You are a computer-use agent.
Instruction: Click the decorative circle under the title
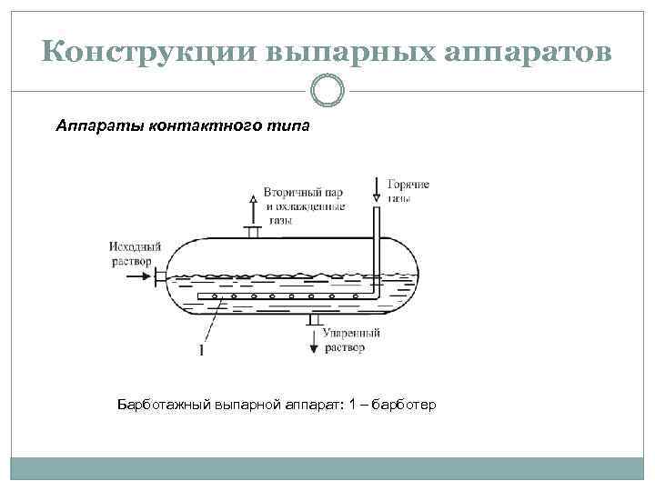click(x=327, y=90)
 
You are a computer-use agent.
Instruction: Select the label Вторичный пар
click(x=303, y=193)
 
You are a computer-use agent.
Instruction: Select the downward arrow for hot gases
click(x=376, y=190)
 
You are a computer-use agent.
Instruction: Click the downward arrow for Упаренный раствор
click(x=315, y=342)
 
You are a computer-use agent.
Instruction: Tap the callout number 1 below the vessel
click(x=200, y=350)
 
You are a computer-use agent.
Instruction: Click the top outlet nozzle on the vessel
click(x=254, y=233)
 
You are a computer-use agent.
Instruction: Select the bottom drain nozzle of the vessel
click(x=314, y=319)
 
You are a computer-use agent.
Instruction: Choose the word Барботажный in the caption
click(x=164, y=403)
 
